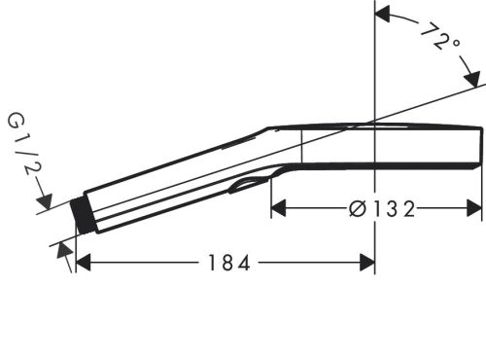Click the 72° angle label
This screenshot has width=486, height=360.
tap(438, 40)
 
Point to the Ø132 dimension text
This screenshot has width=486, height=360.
tap(382, 207)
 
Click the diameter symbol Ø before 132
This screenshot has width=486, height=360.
tap(357, 207)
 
